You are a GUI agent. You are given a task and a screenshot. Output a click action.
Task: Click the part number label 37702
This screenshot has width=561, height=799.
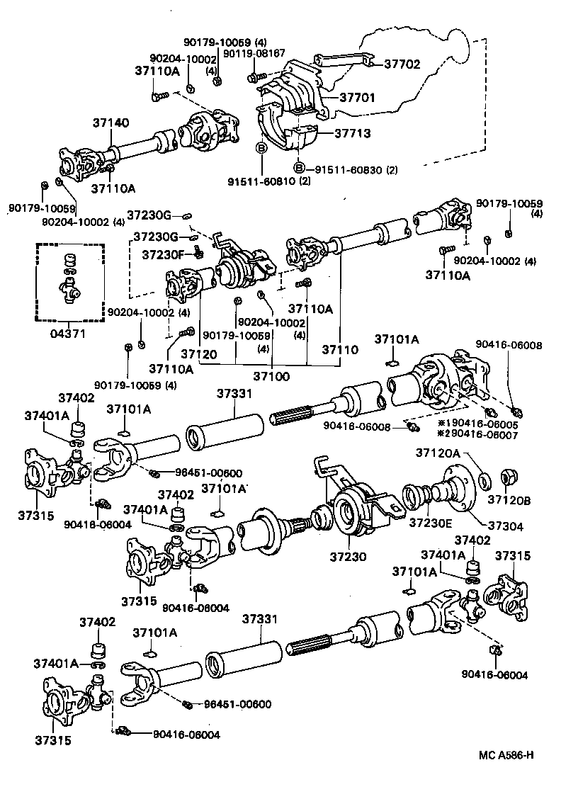[x=402, y=64]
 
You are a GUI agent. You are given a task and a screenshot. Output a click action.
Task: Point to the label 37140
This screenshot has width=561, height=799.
[x=110, y=123]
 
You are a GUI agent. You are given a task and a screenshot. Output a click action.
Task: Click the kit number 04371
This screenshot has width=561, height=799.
[x=69, y=332]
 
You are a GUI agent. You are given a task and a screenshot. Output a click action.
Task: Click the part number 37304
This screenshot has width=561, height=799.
[x=503, y=526]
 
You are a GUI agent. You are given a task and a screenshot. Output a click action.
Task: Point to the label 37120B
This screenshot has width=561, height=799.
[x=512, y=500]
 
